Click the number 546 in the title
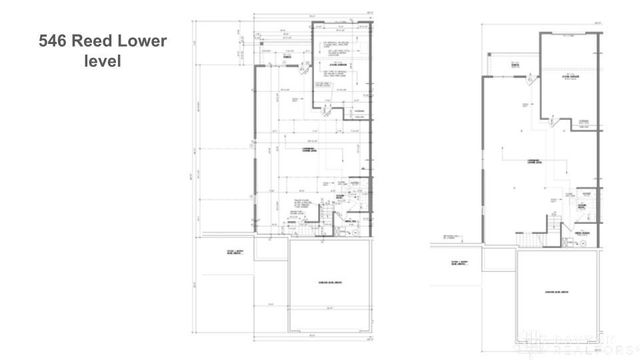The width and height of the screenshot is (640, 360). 54,42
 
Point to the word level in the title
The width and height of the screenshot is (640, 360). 102,63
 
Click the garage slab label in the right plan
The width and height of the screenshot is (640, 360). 557,292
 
